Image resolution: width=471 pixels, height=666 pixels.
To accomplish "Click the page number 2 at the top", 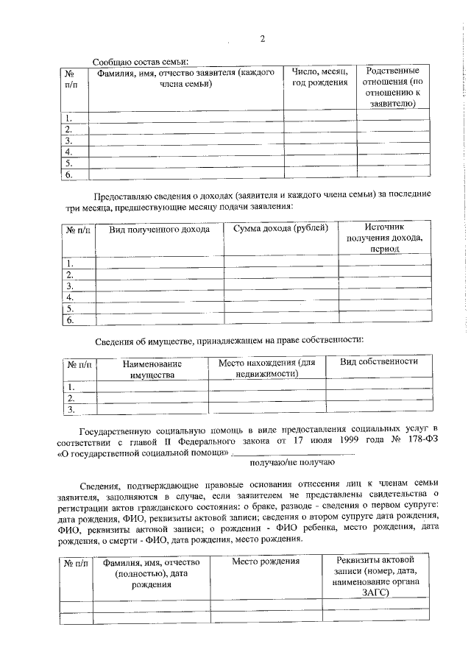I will [262, 40].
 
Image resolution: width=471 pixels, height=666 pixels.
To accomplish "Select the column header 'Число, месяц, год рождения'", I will [319, 77].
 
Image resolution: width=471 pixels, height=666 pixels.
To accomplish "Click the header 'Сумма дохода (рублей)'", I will [280, 230].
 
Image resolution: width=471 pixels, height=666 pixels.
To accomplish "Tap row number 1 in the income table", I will [70, 263].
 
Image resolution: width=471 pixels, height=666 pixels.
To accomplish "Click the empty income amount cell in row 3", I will [280, 286].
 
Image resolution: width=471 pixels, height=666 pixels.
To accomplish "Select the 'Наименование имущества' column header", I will [152, 369].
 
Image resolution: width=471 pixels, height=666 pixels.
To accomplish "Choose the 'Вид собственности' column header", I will [379, 362].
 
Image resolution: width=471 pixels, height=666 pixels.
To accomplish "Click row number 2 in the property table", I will [71, 397].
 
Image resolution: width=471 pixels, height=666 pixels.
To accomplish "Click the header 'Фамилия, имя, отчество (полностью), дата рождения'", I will [151, 573].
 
